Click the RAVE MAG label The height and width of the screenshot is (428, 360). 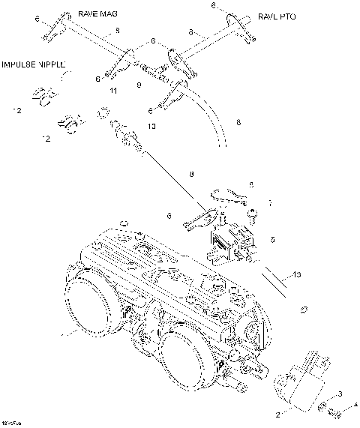click(98, 14)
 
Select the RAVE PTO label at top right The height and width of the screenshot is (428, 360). click(277, 16)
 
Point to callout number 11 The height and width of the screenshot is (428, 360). click(113, 91)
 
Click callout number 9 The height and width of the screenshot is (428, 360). click(138, 86)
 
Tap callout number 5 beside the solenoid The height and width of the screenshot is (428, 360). click(273, 240)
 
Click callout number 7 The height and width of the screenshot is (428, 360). click(271, 203)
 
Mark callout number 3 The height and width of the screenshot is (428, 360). click(340, 394)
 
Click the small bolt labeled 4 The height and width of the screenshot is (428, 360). click(336, 413)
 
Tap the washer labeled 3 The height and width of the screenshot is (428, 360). click(322, 407)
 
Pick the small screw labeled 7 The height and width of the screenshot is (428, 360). click(254, 213)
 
